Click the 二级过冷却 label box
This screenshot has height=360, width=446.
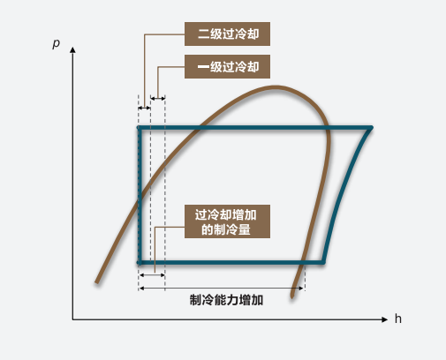227,34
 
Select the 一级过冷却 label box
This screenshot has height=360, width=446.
227,66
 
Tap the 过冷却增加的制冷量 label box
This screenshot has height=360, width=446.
227,221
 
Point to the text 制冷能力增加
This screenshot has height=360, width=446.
226,300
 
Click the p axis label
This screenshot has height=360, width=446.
56,43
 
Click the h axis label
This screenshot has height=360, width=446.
398,319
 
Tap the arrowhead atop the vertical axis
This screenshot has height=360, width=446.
72,49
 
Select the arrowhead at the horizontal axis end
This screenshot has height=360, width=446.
384,319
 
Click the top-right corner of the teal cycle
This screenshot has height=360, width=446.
372,128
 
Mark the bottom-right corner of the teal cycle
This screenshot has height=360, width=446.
323,262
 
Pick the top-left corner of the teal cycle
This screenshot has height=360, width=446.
140,128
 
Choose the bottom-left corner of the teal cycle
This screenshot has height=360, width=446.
140,262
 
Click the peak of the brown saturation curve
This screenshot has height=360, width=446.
276,87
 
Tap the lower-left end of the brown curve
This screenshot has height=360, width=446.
97,282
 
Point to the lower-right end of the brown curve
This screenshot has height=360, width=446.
292,296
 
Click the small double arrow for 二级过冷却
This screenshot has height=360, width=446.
144,108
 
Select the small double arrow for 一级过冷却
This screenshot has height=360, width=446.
158,98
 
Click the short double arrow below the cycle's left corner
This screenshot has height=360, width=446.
152,275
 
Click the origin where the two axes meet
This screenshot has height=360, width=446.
72,319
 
